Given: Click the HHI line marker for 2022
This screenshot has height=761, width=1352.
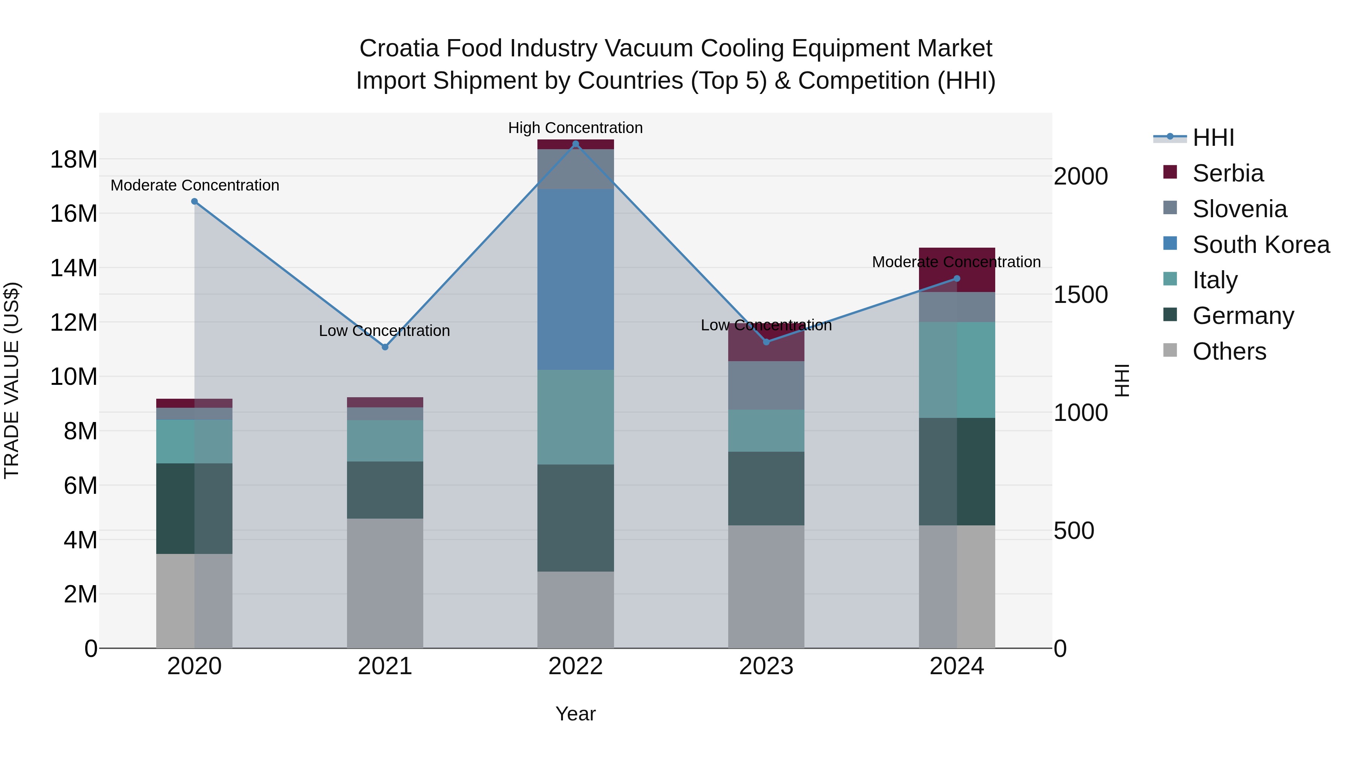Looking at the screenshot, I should click(575, 144).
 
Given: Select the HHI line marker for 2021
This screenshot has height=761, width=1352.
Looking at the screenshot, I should click(385, 347).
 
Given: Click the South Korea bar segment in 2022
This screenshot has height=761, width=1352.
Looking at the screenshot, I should click(575, 279).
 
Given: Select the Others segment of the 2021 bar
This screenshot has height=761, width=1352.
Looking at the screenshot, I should click(385, 583).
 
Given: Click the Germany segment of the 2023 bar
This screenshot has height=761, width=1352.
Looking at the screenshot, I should click(766, 489).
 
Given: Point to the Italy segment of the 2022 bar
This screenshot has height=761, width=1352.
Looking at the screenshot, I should click(575, 417).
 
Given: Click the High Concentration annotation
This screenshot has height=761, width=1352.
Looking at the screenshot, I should click(575, 128).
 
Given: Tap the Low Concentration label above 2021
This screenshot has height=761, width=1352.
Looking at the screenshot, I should click(384, 331).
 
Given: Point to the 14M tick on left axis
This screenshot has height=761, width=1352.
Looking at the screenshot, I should click(74, 268).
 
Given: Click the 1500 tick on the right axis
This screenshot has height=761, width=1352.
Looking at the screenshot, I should click(1080, 295).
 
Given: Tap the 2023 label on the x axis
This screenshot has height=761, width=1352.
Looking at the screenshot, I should click(766, 666).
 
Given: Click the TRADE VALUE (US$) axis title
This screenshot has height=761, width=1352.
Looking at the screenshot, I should click(12, 380).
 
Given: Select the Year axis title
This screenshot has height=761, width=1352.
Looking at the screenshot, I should click(575, 714).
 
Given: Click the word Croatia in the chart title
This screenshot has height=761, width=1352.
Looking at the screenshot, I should click(399, 48).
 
